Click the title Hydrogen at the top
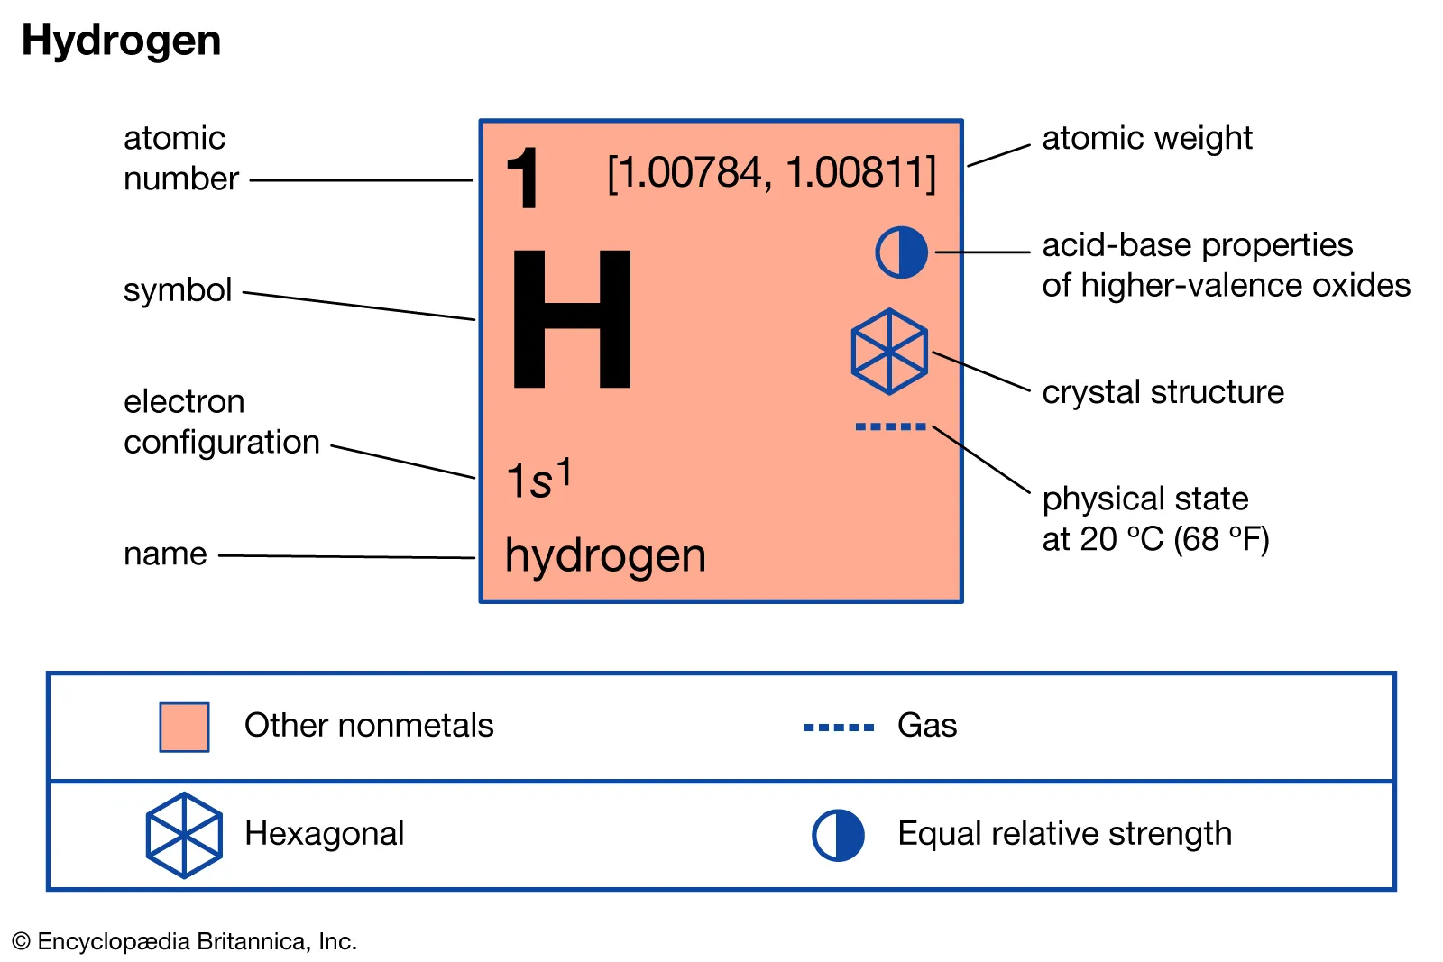[121, 41]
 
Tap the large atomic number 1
[523, 179]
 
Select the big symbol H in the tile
[572, 319]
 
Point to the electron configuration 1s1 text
[538, 479]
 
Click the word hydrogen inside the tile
[605, 555]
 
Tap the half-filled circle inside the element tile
[901, 252]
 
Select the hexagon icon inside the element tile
[889, 352]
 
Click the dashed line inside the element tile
[890, 426]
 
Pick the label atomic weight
[1146, 138]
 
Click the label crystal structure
[1163, 392]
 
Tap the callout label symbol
[178, 289]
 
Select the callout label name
[165, 554]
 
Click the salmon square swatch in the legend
[184, 727]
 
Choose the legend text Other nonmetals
[369, 726]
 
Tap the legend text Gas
[927, 726]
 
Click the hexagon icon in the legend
[184, 835]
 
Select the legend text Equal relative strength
[1064, 834]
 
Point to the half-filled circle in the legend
[838, 835]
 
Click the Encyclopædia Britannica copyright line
[185, 941]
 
